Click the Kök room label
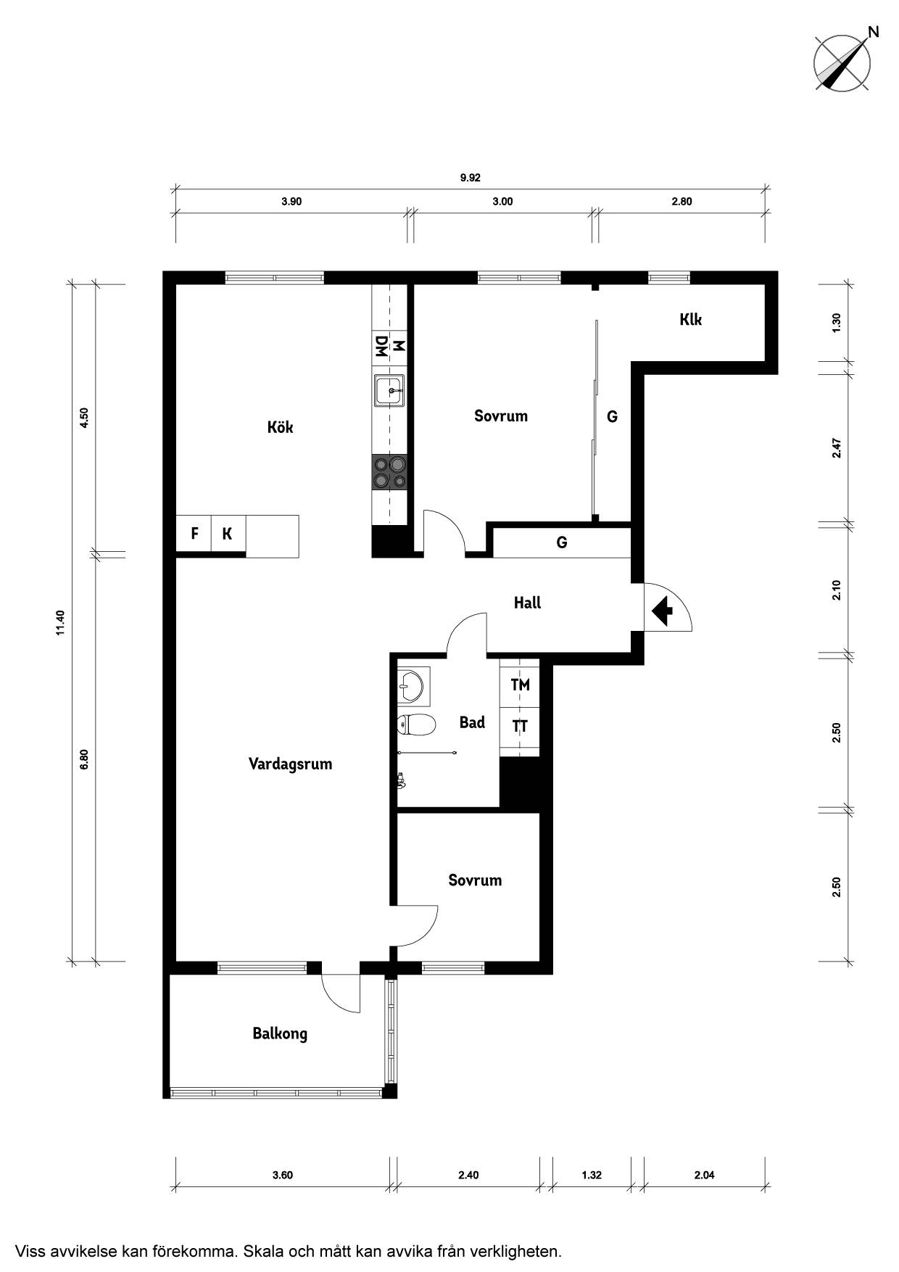click(280, 427)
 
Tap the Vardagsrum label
click(290, 764)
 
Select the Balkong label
click(280, 1033)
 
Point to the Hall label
click(527, 603)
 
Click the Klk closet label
click(691, 319)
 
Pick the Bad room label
click(472, 722)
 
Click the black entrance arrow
click(662, 611)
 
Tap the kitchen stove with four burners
click(389, 472)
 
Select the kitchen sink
click(389, 392)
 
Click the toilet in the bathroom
click(416, 724)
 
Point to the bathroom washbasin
click(413, 686)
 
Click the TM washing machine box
click(520, 685)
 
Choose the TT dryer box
click(520, 726)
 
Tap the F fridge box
click(194, 534)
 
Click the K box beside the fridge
click(228, 534)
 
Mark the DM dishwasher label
click(380, 346)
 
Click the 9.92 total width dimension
click(471, 178)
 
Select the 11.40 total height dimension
click(61, 623)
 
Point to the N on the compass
click(874, 31)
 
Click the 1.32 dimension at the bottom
click(592, 1175)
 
